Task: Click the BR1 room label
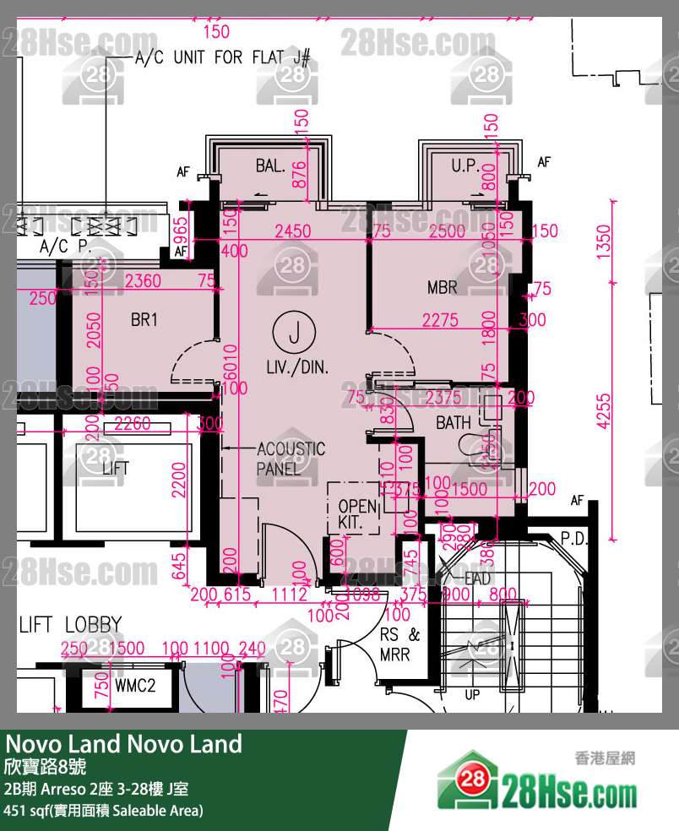coord(144,320)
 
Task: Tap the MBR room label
coord(442,288)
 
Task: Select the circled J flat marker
coord(294,334)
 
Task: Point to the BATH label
coord(454,423)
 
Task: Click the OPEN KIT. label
coord(356,514)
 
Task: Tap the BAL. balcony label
coord(270,166)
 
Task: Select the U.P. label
coord(464,166)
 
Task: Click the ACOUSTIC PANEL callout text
coord(291,459)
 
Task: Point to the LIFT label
coord(116,468)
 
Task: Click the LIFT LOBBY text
coord(70,625)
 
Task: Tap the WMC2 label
coord(135,686)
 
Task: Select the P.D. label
coord(573,539)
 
